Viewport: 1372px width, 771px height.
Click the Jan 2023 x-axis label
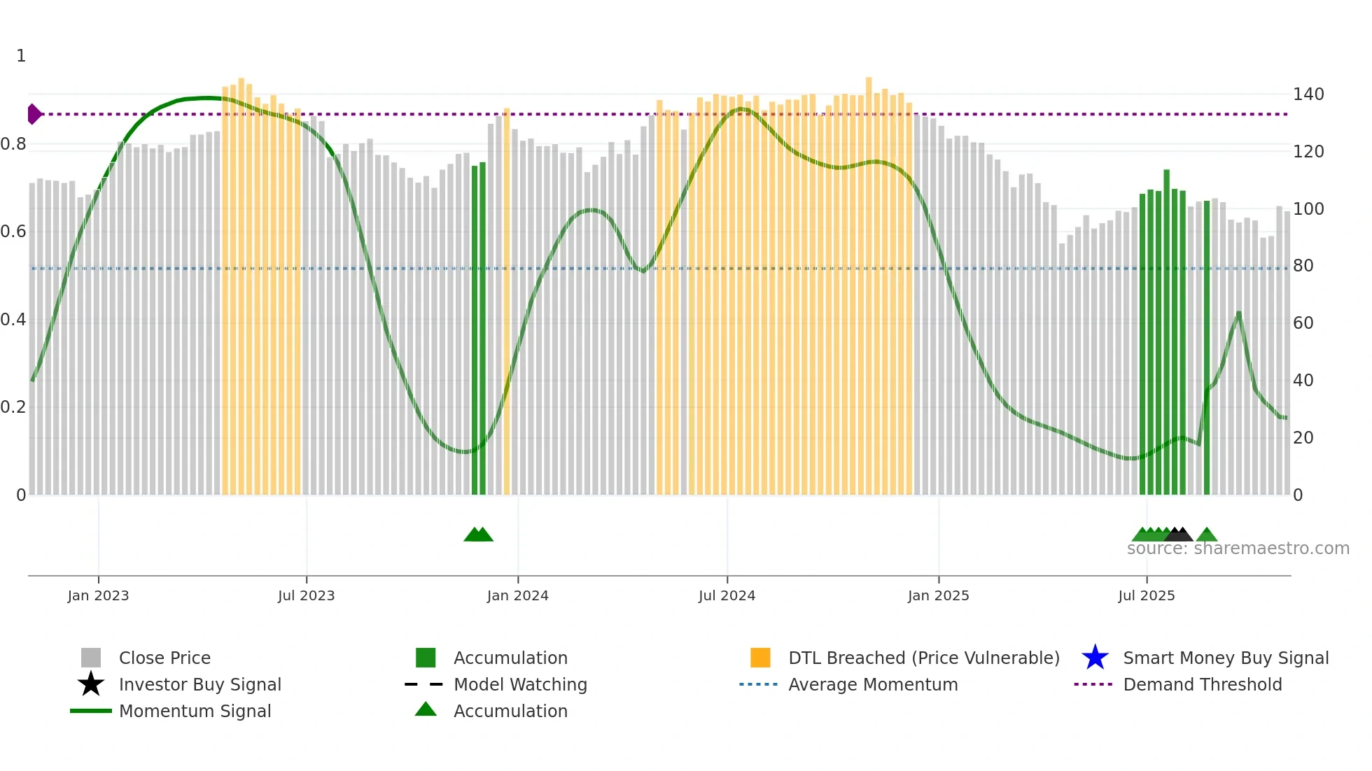98,596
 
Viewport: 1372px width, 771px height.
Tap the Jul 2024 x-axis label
727,596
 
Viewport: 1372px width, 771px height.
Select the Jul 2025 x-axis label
1146,596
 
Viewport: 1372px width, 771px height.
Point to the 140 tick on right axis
1308,94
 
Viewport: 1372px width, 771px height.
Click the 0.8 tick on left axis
13,145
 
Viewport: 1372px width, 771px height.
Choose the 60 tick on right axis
1303,323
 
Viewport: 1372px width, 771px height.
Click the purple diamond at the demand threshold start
34,114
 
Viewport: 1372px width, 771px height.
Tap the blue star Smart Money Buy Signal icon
1095,658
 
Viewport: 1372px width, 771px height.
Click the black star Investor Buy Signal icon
91,684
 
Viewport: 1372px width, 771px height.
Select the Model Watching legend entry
520,684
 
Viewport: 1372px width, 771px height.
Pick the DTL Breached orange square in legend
760,658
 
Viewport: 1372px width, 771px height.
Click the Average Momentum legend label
873,684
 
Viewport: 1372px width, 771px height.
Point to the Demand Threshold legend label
1202,684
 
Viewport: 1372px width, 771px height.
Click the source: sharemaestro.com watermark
1238,549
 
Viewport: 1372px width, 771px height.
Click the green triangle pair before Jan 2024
478,535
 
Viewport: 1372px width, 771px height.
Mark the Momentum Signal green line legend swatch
91,711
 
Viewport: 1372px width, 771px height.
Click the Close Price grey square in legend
91,658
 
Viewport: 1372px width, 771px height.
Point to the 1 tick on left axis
21,56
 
